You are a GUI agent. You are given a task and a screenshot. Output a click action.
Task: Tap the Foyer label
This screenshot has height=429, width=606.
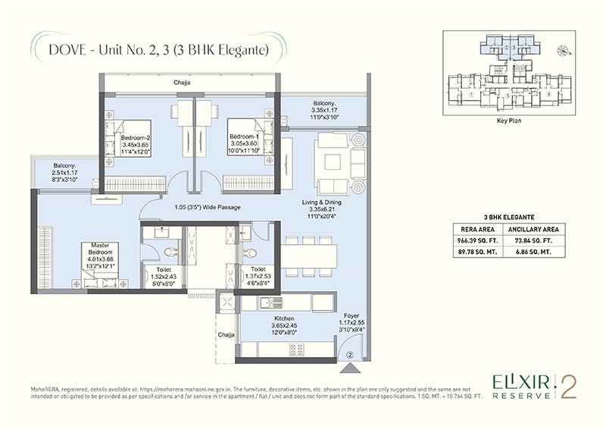350,319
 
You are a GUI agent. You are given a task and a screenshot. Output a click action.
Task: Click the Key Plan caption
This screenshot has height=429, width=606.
507,120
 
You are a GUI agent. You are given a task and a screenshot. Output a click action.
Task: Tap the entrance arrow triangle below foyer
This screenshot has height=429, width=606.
350,368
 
